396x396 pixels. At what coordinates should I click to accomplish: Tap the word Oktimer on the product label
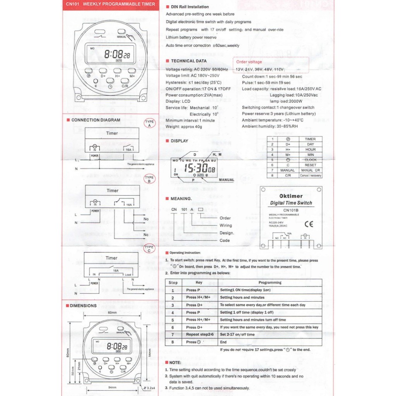(x=291, y=196)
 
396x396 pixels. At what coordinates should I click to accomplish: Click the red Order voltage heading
(x=249, y=62)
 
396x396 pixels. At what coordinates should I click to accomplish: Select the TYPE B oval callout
(x=149, y=179)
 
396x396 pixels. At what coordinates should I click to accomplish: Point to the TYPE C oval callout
(x=149, y=249)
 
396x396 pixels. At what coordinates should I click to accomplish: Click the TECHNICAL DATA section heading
(x=189, y=61)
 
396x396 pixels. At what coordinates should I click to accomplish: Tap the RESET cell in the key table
(x=310, y=165)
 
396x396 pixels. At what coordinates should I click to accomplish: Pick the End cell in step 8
(x=223, y=342)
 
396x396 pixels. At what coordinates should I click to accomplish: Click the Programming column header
(x=270, y=283)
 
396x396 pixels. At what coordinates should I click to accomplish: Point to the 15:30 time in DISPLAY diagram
(x=196, y=169)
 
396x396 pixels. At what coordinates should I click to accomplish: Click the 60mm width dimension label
(x=112, y=312)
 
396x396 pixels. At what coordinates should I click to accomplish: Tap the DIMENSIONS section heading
(x=83, y=306)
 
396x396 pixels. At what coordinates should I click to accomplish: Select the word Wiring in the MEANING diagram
(x=225, y=225)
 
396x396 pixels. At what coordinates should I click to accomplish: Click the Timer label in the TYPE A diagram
(x=112, y=133)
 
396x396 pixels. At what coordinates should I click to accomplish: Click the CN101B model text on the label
(x=291, y=210)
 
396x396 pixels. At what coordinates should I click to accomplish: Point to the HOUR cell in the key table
(x=310, y=149)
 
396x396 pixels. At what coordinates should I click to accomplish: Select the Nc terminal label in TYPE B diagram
(x=146, y=235)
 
